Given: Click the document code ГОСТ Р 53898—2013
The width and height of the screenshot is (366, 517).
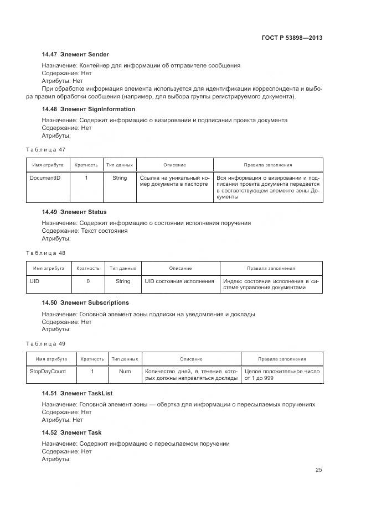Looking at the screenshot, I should click(x=291, y=38).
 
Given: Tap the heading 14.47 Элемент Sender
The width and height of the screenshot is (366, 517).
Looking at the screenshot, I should click(x=75, y=54).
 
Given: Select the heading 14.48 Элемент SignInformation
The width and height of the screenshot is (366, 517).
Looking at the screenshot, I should click(x=89, y=109).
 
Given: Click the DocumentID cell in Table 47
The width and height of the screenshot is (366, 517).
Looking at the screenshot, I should click(x=45, y=178).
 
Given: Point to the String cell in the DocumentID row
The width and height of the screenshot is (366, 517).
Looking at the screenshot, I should click(x=120, y=178).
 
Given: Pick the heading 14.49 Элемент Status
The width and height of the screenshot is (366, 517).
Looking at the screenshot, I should click(x=74, y=212).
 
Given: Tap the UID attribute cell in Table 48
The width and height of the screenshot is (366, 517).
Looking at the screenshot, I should click(x=34, y=281).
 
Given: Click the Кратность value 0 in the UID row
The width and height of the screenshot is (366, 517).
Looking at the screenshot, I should click(x=88, y=281).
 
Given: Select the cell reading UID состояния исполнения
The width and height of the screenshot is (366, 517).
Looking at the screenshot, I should click(x=179, y=281).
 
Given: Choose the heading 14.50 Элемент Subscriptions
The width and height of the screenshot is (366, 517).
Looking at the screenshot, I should click(x=85, y=302).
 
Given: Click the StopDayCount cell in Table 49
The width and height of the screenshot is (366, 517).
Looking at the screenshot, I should click(x=48, y=372).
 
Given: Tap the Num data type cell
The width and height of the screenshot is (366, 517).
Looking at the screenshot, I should click(x=125, y=372).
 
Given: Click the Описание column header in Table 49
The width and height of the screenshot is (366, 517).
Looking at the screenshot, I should click(x=191, y=359).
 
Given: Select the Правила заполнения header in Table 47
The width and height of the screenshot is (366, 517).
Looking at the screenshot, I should click(x=268, y=165).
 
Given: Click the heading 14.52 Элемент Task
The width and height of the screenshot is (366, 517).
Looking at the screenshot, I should click(x=71, y=432).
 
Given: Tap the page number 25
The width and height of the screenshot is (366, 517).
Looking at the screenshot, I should click(x=319, y=470).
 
